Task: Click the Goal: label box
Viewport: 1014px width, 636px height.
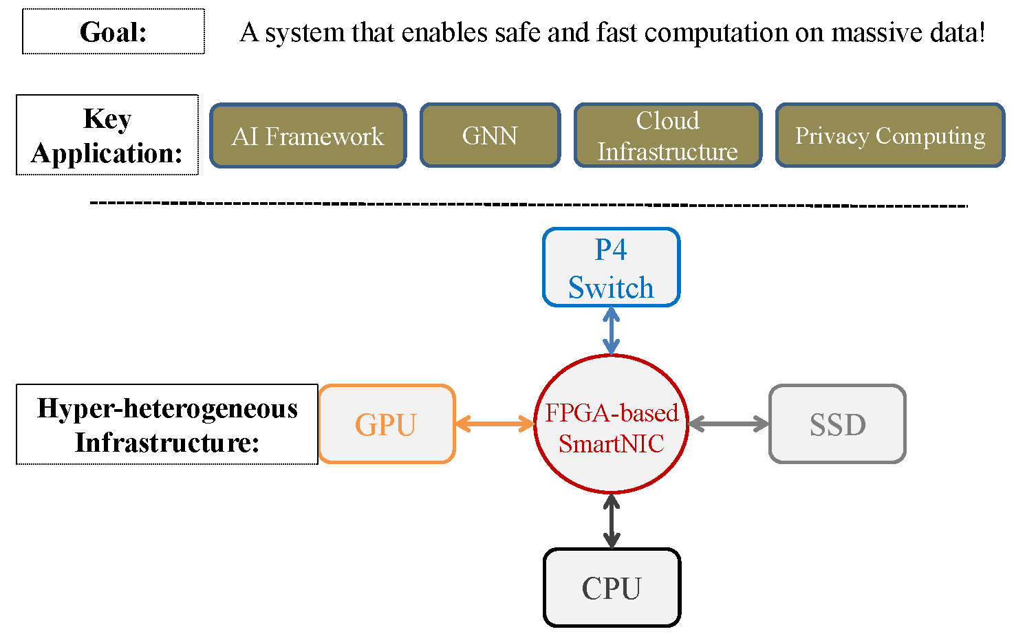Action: click(x=114, y=32)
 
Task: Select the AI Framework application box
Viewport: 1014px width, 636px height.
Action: click(x=308, y=135)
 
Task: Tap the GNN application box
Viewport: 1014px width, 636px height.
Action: click(x=490, y=135)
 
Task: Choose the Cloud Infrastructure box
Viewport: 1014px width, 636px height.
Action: click(x=667, y=135)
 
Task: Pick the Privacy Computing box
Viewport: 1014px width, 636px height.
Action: click(x=889, y=135)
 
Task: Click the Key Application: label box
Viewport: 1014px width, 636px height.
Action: click(x=107, y=135)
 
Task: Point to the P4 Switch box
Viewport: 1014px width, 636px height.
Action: click(x=611, y=267)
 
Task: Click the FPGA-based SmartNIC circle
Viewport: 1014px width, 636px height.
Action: click(x=611, y=424)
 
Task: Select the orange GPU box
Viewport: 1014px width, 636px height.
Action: click(x=387, y=424)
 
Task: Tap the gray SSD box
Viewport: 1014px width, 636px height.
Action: click(x=837, y=424)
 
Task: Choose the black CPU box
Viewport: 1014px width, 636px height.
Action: click(x=612, y=588)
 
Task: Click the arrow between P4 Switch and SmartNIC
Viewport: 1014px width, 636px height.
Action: click(x=611, y=331)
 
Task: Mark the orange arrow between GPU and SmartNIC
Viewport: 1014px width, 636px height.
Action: click(x=495, y=424)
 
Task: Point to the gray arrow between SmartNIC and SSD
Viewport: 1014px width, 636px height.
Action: click(x=729, y=424)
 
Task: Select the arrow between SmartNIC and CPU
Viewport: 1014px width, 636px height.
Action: click(x=611, y=521)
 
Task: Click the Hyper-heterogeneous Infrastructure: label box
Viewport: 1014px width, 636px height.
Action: click(x=167, y=424)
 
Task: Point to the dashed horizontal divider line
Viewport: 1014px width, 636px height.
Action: click(x=528, y=204)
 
